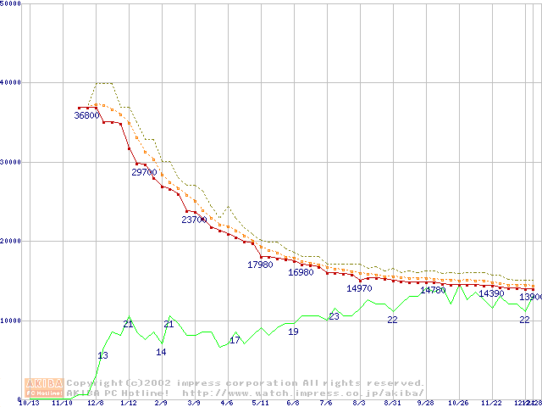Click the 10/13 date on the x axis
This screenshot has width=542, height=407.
click(x=29, y=403)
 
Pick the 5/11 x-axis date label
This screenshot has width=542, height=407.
click(x=261, y=403)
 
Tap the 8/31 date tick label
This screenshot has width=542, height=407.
click(x=392, y=403)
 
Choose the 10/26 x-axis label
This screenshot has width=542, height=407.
click(x=458, y=403)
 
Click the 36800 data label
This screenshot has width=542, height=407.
click(x=87, y=115)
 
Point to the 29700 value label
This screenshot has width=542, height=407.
click(x=144, y=172)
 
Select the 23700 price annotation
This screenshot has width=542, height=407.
click(x=194, y=220)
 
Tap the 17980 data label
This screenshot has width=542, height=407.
click(x=260, y=265)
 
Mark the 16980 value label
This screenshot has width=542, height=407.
click(x=301, y=272)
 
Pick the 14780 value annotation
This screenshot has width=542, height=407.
click(x=433, y=290)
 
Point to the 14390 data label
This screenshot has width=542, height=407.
click(x=491, y=293)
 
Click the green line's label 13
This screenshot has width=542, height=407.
click(x=102, y=355)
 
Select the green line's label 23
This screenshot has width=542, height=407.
click(x=334, y=316)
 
